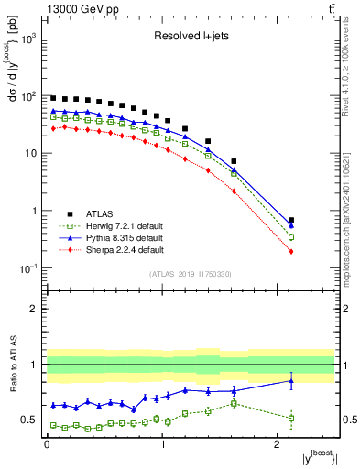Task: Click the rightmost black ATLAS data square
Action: (291, 220)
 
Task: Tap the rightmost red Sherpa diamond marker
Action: (291, 251)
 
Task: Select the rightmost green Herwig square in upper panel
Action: (291, 237)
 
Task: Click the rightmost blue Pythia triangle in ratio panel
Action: (291, 381)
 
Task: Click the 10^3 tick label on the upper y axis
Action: (28, 38)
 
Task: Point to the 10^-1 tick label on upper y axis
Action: (28, 268)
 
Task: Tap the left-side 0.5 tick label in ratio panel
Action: (30, 420)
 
